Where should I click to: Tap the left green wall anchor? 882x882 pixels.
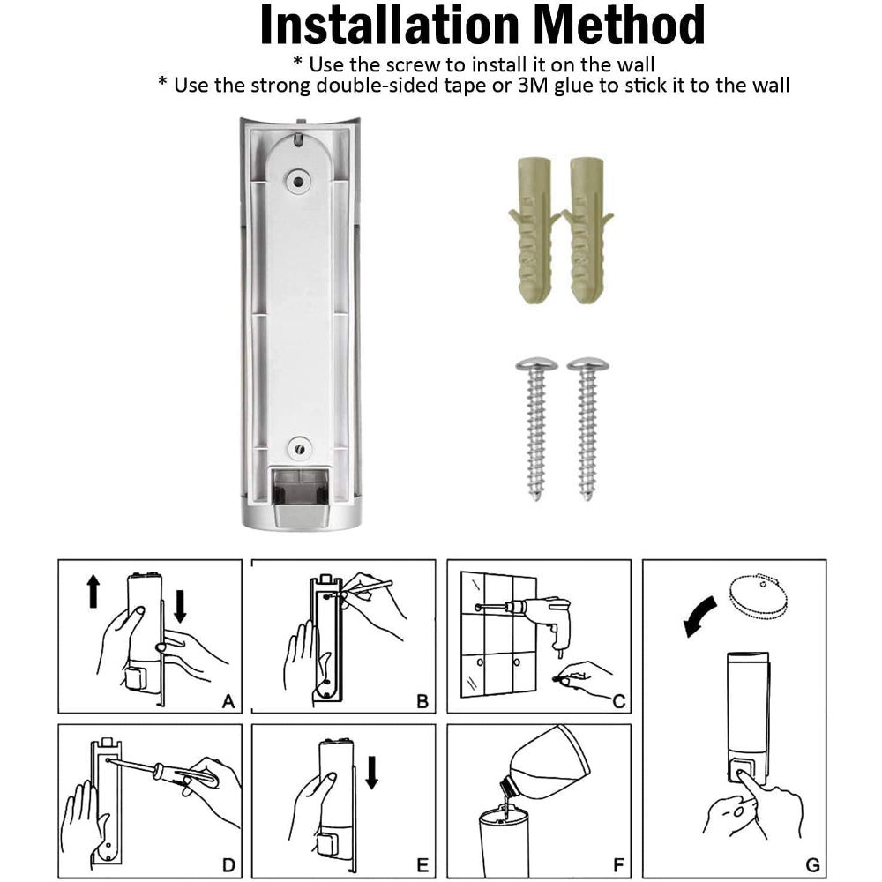(531, 229)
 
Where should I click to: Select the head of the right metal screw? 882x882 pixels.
(587, 364)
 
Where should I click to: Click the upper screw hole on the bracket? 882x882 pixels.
(298, 180)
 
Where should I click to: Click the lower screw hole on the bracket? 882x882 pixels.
(298, 446)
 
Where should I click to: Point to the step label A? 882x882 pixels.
(228, 702)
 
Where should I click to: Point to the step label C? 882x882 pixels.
(618, 702)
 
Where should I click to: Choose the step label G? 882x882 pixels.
(812, 864)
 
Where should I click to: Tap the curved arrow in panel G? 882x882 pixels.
(703, 617)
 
